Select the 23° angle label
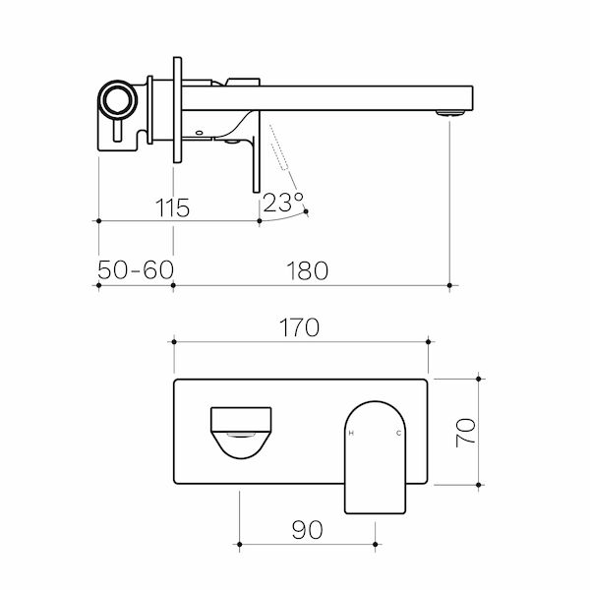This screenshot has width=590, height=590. [283, 204]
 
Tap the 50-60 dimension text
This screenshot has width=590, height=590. [135, 270]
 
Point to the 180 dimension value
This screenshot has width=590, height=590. [308, 270]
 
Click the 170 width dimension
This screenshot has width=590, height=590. [299, 327]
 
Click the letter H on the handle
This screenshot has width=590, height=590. [352, 434]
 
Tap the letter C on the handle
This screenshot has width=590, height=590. [398, 434]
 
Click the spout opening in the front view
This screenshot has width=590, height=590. [241, 433]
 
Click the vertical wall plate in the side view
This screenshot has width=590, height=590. [178, 107]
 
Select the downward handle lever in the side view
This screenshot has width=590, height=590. [256, 157]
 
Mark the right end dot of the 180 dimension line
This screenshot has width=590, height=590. [449, 285]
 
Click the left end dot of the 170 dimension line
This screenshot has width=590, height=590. [174, 341]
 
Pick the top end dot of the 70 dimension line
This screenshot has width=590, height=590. [480, 378]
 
